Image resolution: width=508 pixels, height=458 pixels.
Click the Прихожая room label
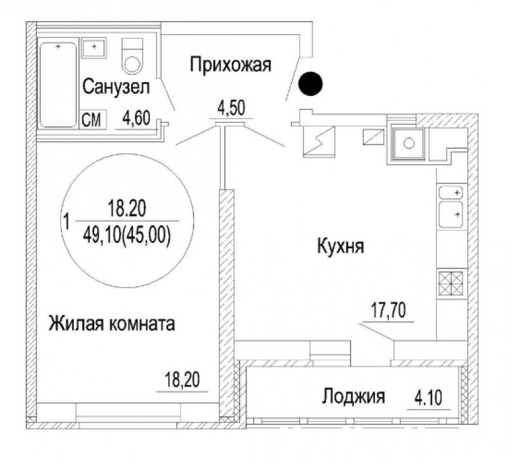click(230, 65)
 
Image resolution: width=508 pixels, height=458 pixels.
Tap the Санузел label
click(116, 87)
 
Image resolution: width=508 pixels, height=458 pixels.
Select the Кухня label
click(341, 246)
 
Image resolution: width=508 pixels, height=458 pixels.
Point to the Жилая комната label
click(112, 323)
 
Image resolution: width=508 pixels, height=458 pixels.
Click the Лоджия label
click(353, 396)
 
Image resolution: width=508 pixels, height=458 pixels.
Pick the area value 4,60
click(136, 118)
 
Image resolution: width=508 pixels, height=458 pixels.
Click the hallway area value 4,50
click(231, 108)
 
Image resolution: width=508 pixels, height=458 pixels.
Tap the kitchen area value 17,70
click(388, 310)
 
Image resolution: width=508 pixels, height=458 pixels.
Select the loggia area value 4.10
click(428, 398)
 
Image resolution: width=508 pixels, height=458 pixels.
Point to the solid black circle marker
click(311, 83)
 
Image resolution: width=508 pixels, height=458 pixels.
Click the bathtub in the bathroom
click(59, 85)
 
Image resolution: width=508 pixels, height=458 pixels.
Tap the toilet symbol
click(132, 56)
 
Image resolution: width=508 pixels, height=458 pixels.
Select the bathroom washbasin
click(94, 48)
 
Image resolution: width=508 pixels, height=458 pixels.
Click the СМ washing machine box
click(93, 120)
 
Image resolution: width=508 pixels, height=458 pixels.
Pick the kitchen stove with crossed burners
click(451, 283)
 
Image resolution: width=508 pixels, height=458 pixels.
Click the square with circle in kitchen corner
click(409, 143)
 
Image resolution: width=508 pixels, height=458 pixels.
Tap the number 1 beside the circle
click(67, 222)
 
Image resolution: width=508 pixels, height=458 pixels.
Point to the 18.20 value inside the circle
click(127, 208)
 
